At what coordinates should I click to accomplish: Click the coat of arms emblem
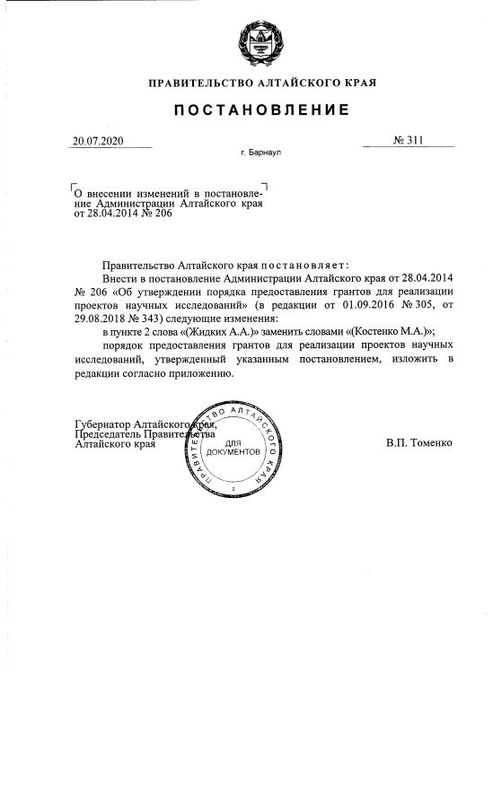[261, 42]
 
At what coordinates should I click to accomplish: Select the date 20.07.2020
[99, 141]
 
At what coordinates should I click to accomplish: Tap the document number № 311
[408, 141]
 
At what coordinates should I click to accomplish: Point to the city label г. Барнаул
[261, 153]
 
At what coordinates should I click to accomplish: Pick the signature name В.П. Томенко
[419, 443]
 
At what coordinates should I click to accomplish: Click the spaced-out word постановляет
[309, 266]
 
